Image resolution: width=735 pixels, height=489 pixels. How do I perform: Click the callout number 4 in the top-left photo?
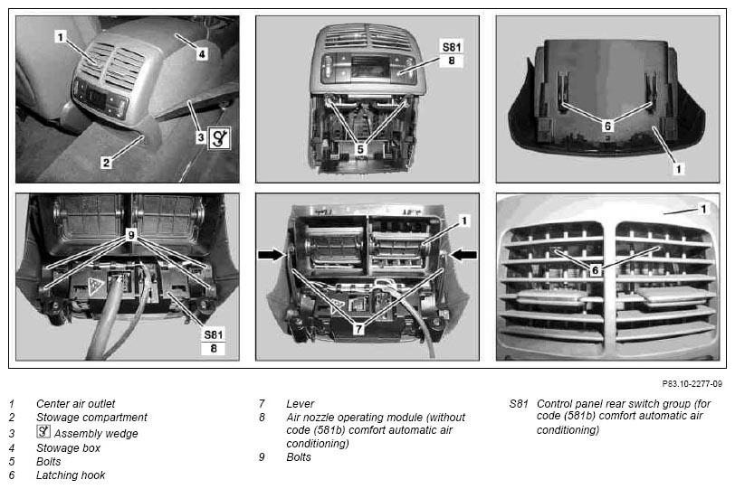coord(202,54)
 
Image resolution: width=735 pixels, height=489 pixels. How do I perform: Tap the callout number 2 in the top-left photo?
coord(107,163)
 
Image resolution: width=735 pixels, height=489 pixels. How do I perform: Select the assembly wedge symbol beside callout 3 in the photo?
coord(219,138)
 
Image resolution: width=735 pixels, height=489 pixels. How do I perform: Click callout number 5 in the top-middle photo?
coord(360,149)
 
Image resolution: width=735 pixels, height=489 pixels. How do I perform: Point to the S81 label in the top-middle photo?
coord(452,47)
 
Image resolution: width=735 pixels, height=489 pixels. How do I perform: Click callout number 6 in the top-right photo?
coord(607,126)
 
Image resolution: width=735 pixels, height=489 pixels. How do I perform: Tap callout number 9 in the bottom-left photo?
coord(131,235)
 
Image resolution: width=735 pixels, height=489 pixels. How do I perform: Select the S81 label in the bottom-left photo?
coord(214,334)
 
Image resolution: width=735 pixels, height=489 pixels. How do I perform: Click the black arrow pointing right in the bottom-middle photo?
coord(272,255)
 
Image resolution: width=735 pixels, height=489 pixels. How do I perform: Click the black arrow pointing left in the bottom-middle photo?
coord(463,255)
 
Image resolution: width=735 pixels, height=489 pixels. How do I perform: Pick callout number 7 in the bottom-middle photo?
coord(358,329)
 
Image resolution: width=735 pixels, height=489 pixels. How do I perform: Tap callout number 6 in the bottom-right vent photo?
coord(596,270)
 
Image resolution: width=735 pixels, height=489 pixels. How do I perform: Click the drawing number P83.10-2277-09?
coord(692,384)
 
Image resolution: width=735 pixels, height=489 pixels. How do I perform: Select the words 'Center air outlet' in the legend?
coord(75,403)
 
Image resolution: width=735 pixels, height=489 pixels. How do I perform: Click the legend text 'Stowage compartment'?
coord(91,417)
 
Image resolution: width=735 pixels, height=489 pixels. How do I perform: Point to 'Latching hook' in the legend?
coord(71,475)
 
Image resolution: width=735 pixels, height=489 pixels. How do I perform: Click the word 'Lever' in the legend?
coord(300,403)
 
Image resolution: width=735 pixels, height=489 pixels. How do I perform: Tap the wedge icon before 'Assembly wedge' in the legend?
coord(43,431)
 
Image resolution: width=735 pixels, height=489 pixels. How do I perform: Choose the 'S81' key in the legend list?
coord(519,403)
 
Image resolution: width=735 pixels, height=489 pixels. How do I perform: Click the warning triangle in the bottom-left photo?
coord(96,286)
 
